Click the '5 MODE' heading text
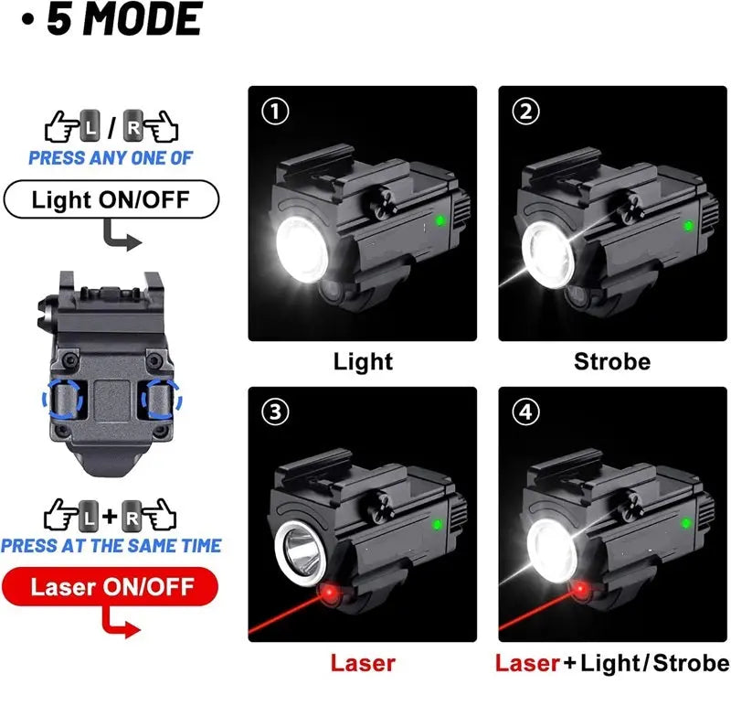(x=123, y=20)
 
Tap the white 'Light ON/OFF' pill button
(x=111, y=198)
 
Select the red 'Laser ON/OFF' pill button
(x=111, y=585)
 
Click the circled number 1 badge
(x=274, y=112)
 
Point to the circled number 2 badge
(x=527, y=112)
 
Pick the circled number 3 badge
(x=274, y=412)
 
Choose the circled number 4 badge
(x=527, y=412)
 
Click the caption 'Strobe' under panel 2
(x=611, y=361)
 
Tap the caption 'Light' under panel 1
(x=362, y=361)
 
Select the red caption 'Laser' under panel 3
(x=363, y=663)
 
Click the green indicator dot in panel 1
(x=440, y=220)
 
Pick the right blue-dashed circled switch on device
(x=164, y=399)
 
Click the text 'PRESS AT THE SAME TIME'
(x=111, y=546)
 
